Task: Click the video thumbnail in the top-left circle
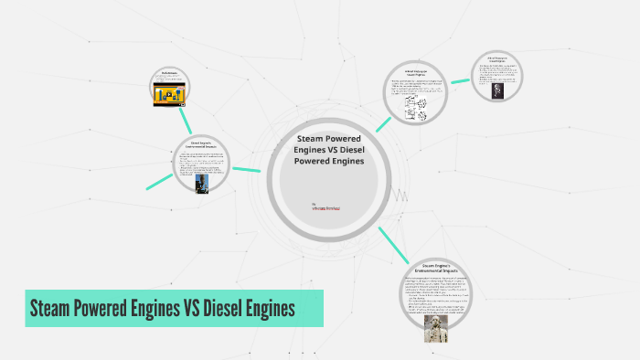(x=170, y=95)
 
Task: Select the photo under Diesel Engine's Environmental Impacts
(x=201, y=183)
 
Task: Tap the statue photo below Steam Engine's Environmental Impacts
(x=436, y=326)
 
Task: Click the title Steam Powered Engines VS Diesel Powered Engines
(x=329, y=150)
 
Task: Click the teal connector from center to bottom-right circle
(x=392, y=245)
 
